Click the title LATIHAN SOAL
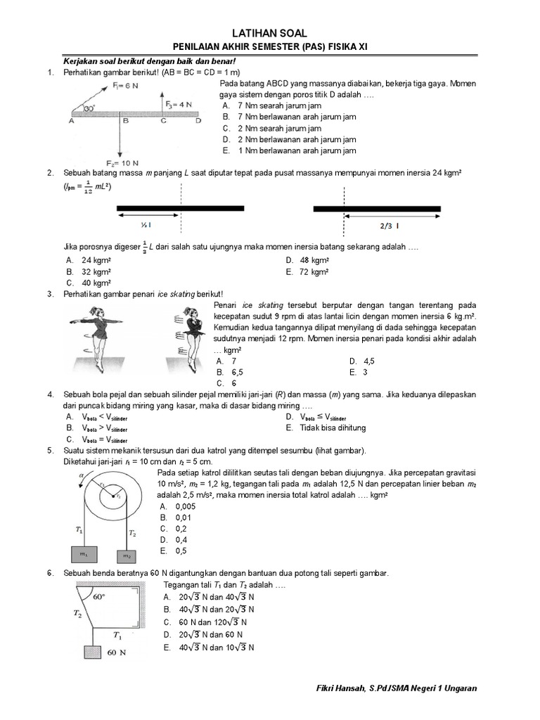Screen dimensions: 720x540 click(270, 33)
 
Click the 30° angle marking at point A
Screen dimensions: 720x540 click(89, 109)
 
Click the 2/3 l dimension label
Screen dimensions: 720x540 click(387, 225)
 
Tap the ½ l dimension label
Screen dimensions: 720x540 click(146, 225)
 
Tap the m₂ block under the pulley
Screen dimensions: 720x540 click(127, 556)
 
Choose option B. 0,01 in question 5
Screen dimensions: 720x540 click(176, 517)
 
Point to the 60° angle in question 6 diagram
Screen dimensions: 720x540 click(98, 597)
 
